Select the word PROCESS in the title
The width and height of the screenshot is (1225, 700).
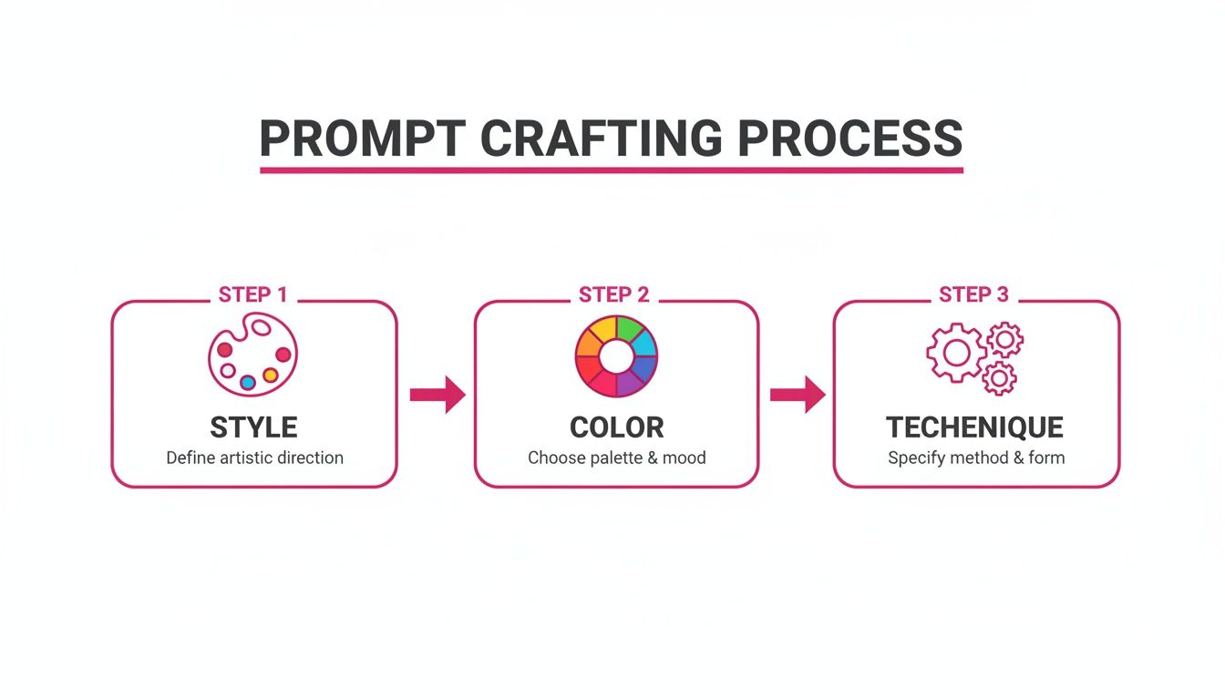(849, 139)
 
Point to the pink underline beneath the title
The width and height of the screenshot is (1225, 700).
(611, 170)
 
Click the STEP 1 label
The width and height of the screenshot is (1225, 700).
(252, 294)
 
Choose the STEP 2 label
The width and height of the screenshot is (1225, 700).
(614, 294)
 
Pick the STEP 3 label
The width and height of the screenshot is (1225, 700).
(973, 294)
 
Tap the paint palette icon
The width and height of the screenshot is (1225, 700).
(252, 354)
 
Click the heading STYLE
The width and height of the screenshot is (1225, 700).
(253, 427)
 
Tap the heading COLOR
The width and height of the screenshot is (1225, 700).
(617, 427)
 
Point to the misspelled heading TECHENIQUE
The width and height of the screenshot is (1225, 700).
(974, 427)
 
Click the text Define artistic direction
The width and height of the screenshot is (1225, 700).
(254, 458)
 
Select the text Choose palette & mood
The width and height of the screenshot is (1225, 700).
(617, 458)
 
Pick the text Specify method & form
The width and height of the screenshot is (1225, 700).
(976, 458)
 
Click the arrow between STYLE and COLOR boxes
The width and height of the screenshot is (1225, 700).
(437, 395)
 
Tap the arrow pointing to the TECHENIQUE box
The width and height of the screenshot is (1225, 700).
(798, 395)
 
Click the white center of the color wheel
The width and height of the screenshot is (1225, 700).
(616, 356)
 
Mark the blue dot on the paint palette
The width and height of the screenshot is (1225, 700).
(247, 382)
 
